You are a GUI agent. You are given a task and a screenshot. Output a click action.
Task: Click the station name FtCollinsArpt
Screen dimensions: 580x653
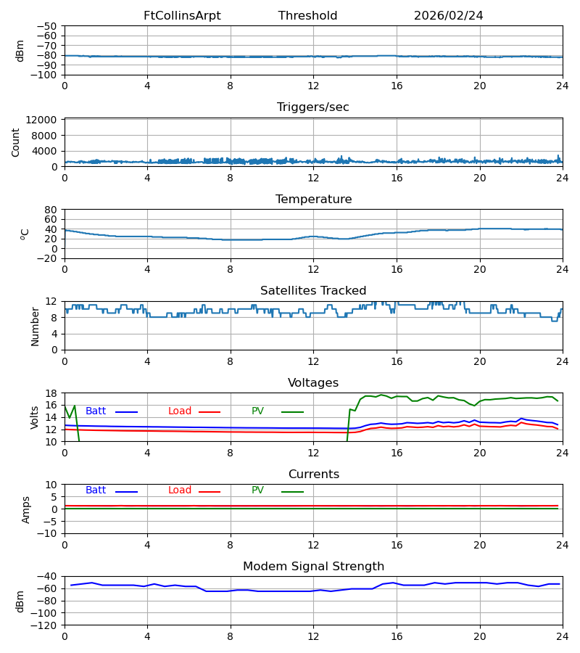[182, 15]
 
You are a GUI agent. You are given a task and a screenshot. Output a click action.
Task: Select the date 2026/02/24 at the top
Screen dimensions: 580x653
[449, 15]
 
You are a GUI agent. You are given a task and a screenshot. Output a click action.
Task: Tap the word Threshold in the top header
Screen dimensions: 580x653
[308, 15]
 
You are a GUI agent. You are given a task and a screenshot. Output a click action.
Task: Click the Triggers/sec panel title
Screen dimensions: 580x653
[313, 107]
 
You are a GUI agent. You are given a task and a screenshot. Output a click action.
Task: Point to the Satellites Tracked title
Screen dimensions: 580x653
[313, 290]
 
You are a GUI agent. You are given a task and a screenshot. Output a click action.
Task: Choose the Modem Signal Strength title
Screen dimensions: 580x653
[314, 567]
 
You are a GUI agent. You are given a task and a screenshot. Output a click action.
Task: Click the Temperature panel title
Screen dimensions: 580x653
[314, 199]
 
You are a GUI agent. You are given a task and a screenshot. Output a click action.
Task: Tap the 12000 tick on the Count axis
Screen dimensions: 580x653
[41, 120]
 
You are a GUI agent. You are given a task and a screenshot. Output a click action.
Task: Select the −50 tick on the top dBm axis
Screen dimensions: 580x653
[46, 26]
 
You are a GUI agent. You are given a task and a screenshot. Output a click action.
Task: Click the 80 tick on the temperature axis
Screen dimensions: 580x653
[51, 210]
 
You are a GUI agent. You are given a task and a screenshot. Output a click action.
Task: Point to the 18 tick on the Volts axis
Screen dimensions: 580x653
[51, 393]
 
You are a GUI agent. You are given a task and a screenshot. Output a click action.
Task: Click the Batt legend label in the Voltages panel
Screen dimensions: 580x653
[96, 411]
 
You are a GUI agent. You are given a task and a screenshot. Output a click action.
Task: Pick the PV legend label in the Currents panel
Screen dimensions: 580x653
[257, 490]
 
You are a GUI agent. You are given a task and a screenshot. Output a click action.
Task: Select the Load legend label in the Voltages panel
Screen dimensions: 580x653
[180, 411]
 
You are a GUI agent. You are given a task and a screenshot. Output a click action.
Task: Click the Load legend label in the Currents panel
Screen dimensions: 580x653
[180, 490]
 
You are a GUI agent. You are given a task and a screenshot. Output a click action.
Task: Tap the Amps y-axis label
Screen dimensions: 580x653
[26, 509]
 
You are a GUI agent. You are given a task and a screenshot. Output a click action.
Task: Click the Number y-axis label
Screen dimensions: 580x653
[35, 326]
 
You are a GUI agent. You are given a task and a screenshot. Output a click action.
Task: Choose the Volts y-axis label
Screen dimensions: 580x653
[34, 417]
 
